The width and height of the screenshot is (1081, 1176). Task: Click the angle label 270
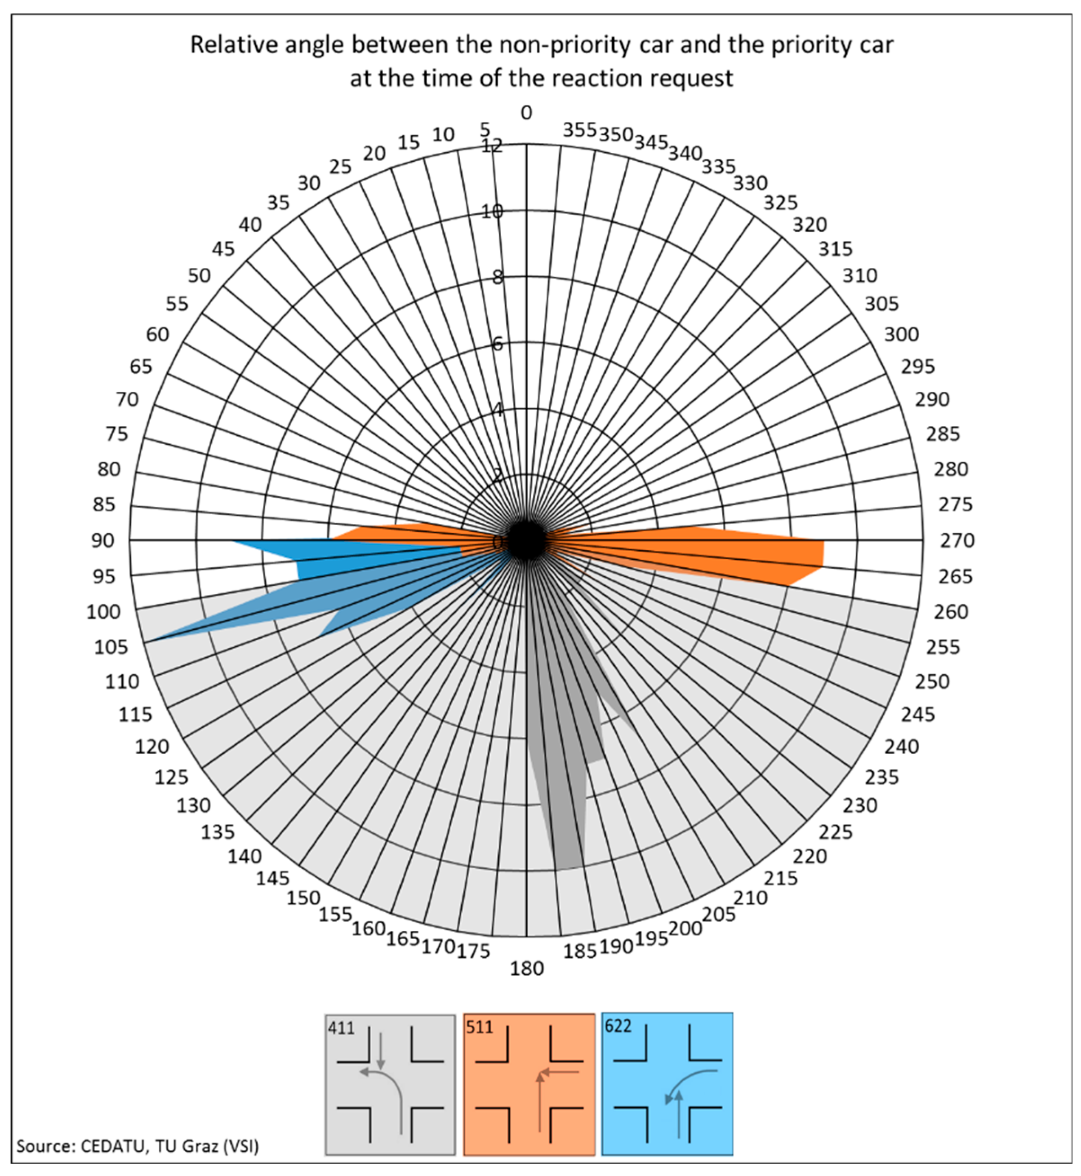tap(957, 541)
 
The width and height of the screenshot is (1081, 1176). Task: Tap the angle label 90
tap(102, 541)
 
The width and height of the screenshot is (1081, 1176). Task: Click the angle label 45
tap(223, 249)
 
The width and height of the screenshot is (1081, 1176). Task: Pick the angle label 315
tap(835, 249)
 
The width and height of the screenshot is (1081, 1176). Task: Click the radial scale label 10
tap(492, 212)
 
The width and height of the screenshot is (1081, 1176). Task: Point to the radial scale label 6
tap(497, 344)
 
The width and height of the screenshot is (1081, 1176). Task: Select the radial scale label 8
tap(497, 277)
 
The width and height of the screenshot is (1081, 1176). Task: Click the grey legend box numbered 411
tap(390, 1085)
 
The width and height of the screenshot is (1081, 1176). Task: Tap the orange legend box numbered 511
tap(529, 1085)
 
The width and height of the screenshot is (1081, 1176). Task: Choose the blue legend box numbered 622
tap(667, 1085)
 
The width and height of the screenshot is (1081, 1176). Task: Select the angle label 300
tap(901, 334)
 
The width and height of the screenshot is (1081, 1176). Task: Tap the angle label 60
tap(157, 334)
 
